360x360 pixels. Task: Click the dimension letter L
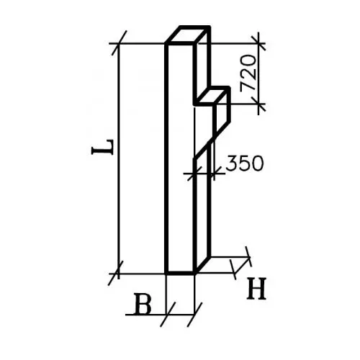coord(102,147)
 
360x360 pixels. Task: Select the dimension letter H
coord(256,289)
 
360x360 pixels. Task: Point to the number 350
coord(245,163)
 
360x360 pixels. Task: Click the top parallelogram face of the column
coord(188,35)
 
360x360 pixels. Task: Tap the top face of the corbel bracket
coord(211,96)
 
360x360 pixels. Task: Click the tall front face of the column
coord(180,158)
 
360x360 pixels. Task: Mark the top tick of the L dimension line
coord(119,43)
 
